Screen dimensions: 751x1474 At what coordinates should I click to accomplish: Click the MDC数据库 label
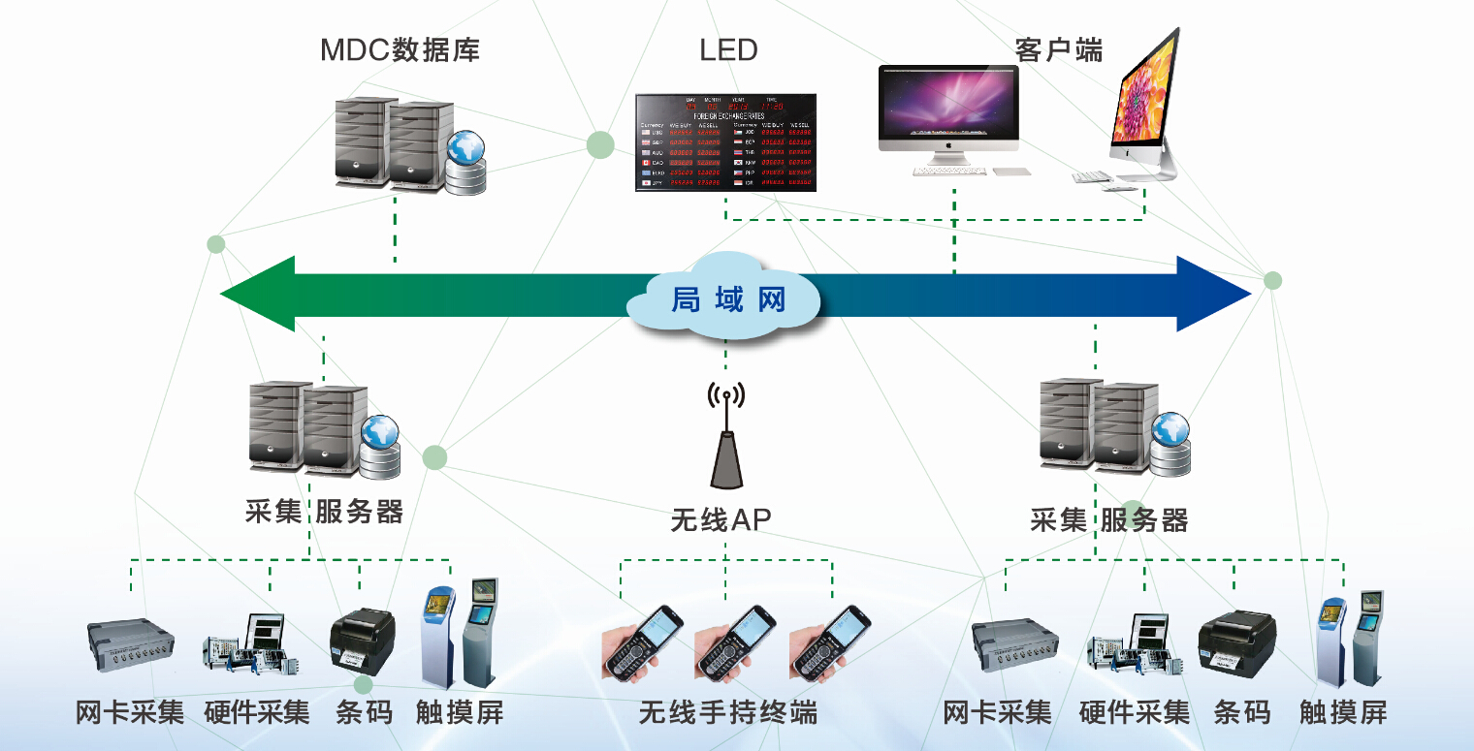(400, 50)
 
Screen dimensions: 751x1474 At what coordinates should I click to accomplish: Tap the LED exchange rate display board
(725, 142)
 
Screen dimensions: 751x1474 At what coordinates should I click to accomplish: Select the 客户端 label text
(1058, 50)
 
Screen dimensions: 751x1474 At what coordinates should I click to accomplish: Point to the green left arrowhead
(257, 294)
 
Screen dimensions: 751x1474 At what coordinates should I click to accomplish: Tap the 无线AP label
(721, 520)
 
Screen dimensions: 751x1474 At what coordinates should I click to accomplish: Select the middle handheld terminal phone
(734, 642)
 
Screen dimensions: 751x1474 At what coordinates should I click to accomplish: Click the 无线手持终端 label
(727, 714)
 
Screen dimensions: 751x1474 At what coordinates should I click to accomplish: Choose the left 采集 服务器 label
(324, 512)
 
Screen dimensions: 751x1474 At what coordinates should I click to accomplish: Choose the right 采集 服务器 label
(1108, 520)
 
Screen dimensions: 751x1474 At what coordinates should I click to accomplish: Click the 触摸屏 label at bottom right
(1343, 714)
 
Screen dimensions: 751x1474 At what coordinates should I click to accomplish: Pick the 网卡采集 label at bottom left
(130, 714)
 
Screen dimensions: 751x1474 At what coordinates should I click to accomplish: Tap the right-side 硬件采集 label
(1134, 714)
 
